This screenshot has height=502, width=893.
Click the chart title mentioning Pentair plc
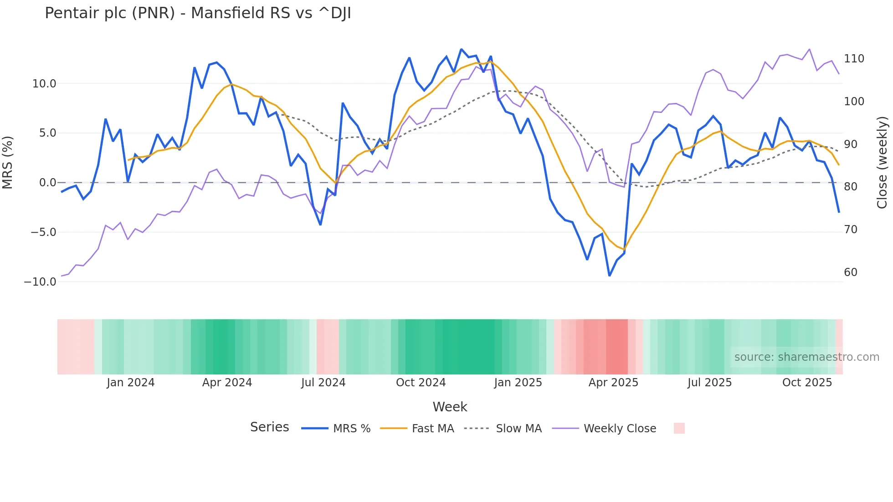click(198, 13)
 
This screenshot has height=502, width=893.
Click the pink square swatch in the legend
click(679, 428)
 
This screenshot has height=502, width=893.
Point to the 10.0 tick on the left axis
click(44, 84)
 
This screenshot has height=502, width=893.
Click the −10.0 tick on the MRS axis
click(40, 282)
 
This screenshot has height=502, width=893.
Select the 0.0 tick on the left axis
click(47, 183)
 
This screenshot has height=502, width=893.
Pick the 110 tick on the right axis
click(854, 59)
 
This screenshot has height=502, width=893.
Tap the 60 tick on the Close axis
click(851, 272)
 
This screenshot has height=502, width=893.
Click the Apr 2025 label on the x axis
click(613, 383)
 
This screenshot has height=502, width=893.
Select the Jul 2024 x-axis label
click(323, 383)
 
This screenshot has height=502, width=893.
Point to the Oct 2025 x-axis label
click(807, 383)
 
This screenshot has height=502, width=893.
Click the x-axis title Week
click(450, 407)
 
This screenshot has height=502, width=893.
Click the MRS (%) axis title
click(8, 162)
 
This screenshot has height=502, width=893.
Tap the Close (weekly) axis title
click(882, 163)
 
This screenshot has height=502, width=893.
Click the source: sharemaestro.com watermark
click(806, 357)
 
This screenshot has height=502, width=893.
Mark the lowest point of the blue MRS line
click(610, 276)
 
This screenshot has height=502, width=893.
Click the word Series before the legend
click(269, 427)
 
